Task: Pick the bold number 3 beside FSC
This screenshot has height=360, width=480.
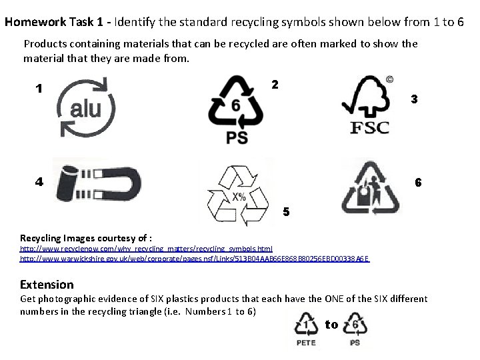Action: pyautogui.click(x=414, y=99)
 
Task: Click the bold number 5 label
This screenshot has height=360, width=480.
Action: pyautogui.click(x=286, y=213)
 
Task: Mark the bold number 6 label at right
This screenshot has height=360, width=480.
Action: pyautogui.click(x=418, y=182)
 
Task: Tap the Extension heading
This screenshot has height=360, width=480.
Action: pyautogui.click(x=47, y=284)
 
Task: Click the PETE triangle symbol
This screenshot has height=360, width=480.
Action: pyautogui.click(x=306, y=326)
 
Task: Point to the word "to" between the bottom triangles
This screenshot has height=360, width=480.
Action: pyautogui.click(x=331, y=325)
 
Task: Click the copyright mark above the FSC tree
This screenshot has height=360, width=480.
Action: pyautogui.click(x=389, y=79)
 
